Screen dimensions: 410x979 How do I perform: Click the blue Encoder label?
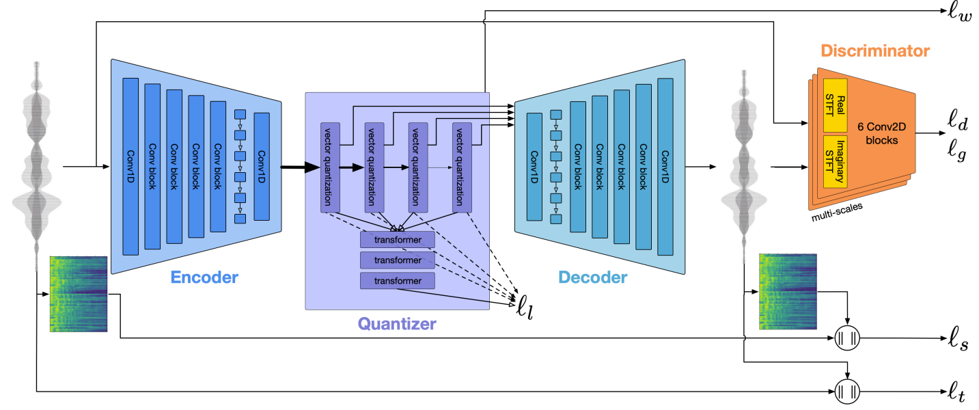tap(204, 277)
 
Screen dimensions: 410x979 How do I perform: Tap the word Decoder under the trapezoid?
tap(592, 277)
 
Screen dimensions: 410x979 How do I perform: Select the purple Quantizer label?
tap(397, 323)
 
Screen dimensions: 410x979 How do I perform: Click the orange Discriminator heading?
tap(875, 51)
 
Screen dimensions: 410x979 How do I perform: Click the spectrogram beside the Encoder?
tap(79, 295)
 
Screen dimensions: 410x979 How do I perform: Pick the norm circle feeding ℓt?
tap(848, 392)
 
